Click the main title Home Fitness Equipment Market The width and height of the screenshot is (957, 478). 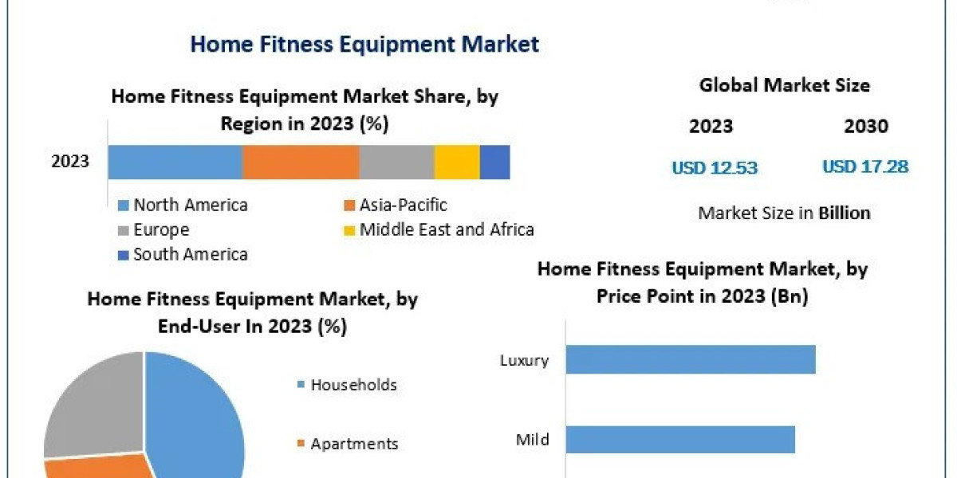click(x=364, y=44)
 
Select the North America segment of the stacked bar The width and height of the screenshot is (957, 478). click(x=175, y=162)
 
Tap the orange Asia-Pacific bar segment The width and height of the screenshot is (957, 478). click(x=301, y=162)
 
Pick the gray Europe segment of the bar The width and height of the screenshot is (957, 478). click(x=396, y=162)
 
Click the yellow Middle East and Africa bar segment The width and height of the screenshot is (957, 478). click(x=457, y=162)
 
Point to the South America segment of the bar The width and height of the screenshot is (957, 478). click(x=494, y=162)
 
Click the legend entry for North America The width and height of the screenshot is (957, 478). click(x=190, y=205)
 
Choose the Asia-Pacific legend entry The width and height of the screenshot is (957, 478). click(x=403, y=205)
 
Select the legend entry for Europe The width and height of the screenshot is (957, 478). click(x=161, y=230)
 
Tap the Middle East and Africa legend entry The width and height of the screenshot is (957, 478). click(x=446, y=230)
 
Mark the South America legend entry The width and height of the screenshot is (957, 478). click(x=190, y=255)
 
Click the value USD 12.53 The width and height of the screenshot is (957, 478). click(x=715, y=167)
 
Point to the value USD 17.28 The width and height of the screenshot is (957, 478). click(x=865, y=167)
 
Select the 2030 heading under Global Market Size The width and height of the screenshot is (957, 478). click(x=866, y=126)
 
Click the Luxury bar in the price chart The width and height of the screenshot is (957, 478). click(x=691, y=359)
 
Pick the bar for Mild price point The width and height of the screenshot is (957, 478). click(x=680, y=439)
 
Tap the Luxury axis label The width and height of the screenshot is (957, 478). click(x=524, y=360)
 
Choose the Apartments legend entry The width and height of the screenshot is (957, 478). click(x=354, y=444)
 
